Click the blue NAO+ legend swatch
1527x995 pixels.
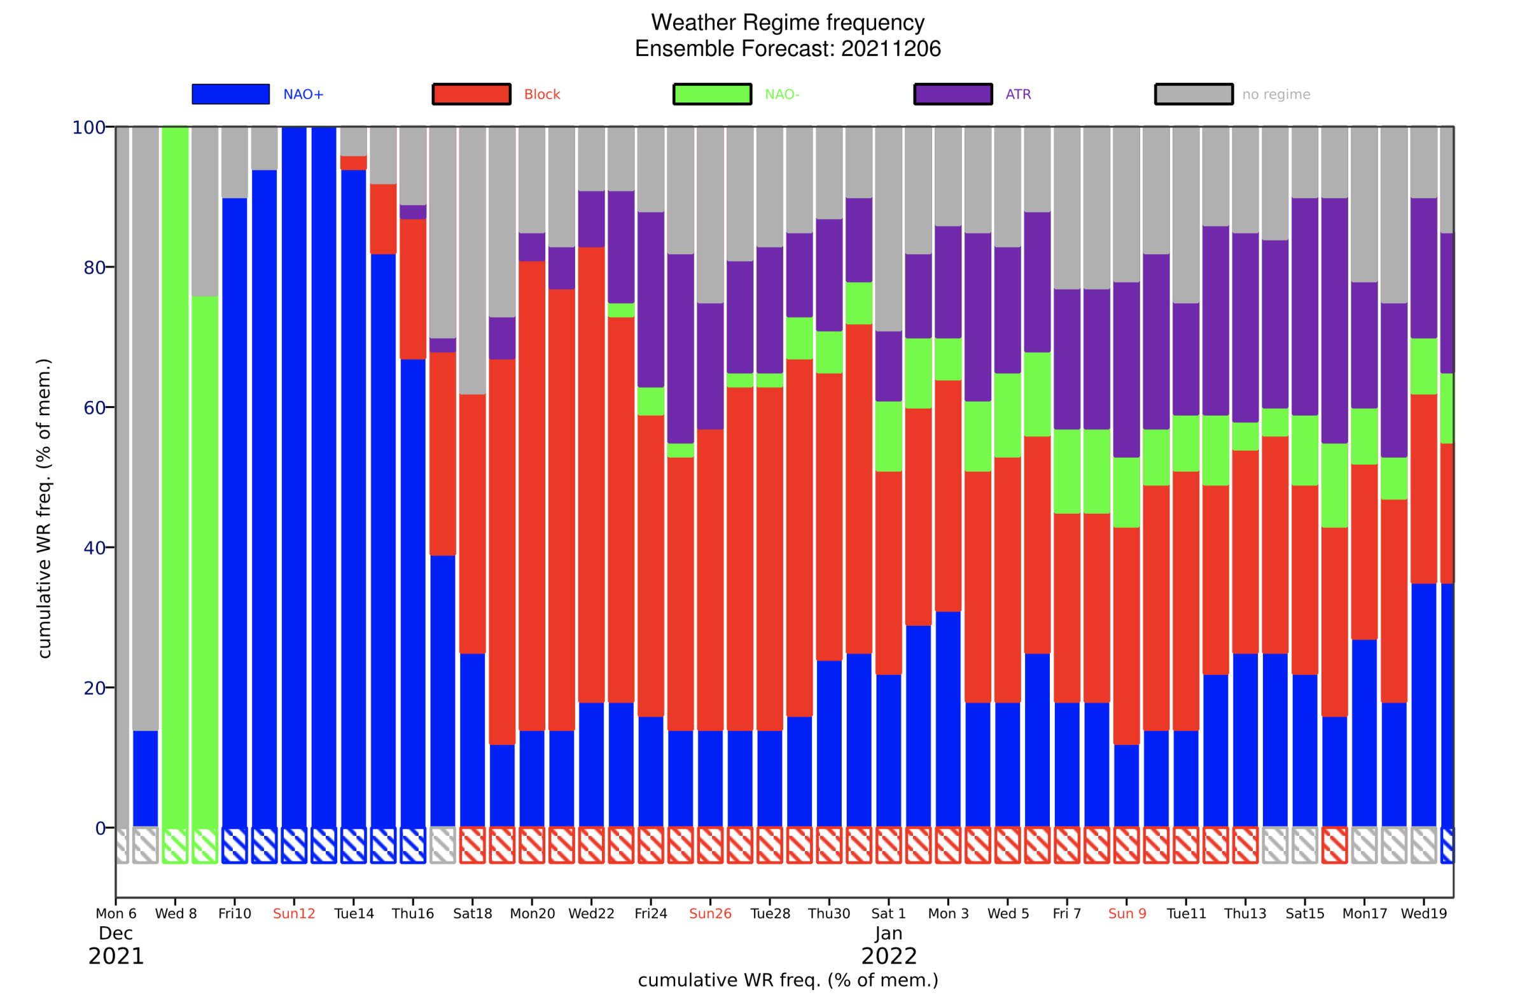(230, 94)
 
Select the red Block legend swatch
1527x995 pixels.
(471, 94)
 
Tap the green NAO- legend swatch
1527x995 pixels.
(712, 94)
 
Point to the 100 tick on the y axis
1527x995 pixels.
(88, 127)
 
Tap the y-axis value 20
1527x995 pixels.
(94, 688)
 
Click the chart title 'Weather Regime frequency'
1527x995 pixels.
(788, 22)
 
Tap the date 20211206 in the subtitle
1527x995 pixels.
(891, 49)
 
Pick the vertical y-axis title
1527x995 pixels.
(44, 509)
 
